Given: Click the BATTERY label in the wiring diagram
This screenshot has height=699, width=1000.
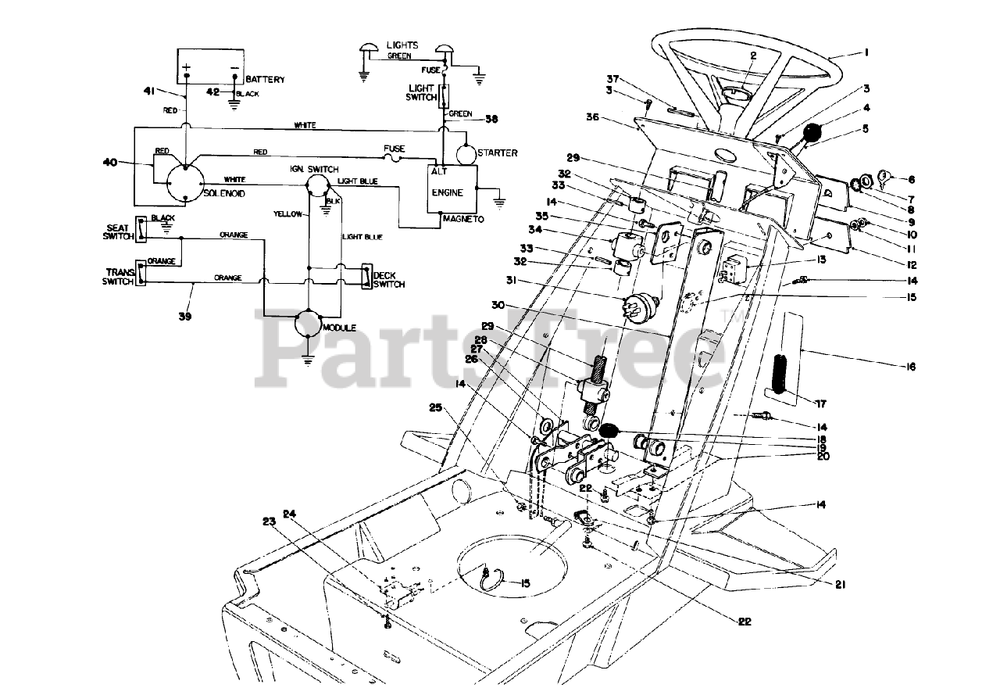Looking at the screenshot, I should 265,80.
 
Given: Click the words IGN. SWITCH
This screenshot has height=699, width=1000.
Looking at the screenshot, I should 314,168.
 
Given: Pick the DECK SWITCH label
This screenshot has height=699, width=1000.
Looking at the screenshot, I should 389,279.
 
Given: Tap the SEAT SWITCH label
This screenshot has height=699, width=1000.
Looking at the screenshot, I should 116,232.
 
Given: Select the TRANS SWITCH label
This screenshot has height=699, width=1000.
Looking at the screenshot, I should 118,276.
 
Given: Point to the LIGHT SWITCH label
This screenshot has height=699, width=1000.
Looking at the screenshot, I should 421,91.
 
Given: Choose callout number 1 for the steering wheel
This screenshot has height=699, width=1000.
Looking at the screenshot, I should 865,52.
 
